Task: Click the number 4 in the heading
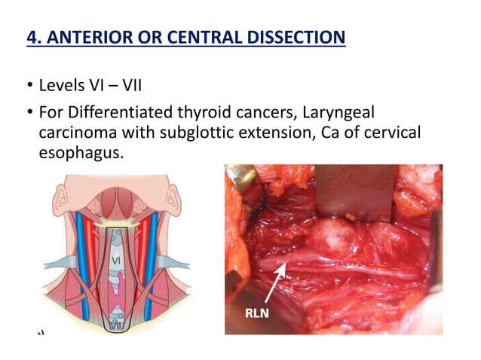click(31, 36)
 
